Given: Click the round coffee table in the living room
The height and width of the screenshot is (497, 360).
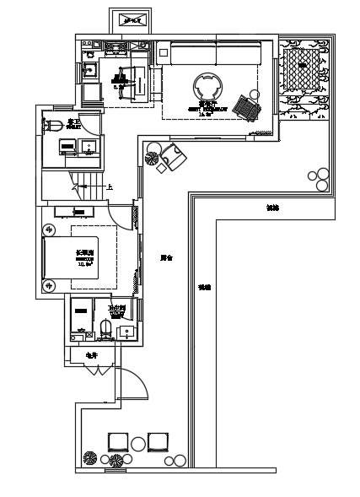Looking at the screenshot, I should (x=208, y=87).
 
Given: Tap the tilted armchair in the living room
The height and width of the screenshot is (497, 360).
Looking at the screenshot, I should (x=250, y=107).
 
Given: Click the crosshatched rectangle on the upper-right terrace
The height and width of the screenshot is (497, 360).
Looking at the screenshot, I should (x=301, y=68).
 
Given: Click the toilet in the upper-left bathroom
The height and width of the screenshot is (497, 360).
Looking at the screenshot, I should (x=53, y=126).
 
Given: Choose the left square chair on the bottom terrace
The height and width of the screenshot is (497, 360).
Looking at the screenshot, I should (x=118, y=441).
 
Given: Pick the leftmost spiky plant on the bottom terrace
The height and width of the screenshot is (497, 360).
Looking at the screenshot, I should (x=90, y=459).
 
